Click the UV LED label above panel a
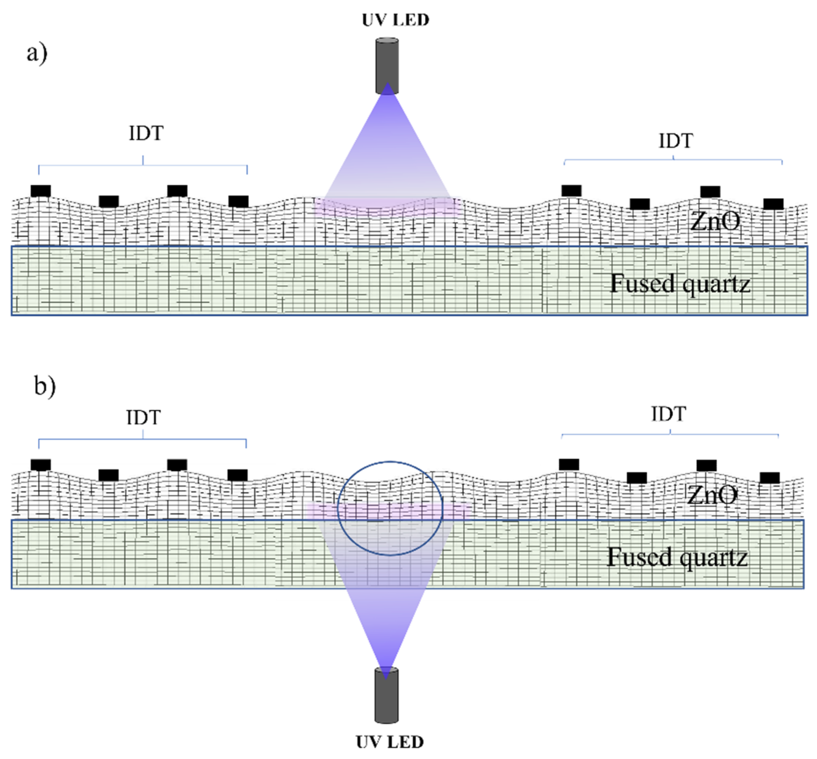tap(395, 20)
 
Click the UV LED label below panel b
tap(390, 742)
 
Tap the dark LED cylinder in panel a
tap(387, 66)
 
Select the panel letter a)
tap(37, 53)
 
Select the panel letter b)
tap(45, 386)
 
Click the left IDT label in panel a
tap(146, 133)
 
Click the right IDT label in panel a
tap(676, 141)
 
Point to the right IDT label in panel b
tap(668, 414)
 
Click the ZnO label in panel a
tap(715, 221)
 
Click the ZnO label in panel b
tap(711, 495)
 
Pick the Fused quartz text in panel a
tap(680, 283)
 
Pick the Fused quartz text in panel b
tap(677, 557)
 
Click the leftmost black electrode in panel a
tap(41, 191)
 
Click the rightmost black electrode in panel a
tap(773, 204)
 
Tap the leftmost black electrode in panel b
tap(41, 465)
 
